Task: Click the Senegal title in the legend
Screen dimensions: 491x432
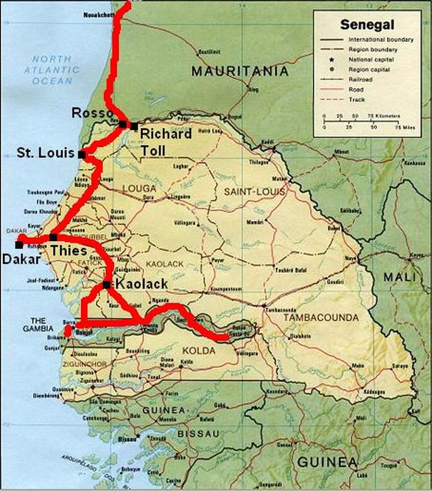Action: click(367, 25)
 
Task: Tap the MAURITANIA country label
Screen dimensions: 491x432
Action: click(239, 72)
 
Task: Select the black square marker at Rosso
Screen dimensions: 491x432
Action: click(122, 124)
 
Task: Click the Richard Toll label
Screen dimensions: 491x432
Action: click(166, 141)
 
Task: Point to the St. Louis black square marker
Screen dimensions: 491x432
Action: click(82, 155)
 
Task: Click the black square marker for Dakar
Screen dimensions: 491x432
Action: click(19, 244)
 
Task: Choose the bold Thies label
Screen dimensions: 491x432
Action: click(68, 251)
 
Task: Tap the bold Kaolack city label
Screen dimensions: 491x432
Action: click(140, 284)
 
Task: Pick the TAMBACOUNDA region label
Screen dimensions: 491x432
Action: click(321, 317)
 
